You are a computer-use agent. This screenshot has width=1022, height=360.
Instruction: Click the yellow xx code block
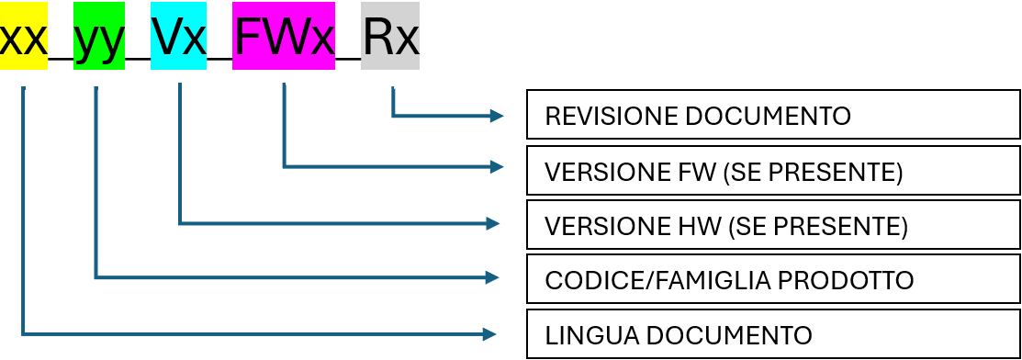pos(24,36)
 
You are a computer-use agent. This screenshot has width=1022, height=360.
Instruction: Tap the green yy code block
pos(99,36)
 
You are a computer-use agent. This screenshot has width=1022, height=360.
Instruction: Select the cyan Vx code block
pos(178,36)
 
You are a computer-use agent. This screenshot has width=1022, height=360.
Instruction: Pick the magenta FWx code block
pos(284,36)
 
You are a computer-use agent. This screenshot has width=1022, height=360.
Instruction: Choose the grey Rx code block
pos(390,36)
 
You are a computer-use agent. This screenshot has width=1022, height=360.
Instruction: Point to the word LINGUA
pos(584,335)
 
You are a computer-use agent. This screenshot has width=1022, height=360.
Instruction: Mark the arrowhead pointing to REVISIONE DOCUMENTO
pos(497,116)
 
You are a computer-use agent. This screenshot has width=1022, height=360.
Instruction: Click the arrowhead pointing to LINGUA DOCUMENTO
pos(490,334)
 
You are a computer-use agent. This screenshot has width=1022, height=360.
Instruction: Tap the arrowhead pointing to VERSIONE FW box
pos(497,167)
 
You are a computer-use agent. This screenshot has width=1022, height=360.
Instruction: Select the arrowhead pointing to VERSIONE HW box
pos(492,224)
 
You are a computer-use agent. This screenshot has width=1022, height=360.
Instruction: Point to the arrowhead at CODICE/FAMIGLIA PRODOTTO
pos(491,278)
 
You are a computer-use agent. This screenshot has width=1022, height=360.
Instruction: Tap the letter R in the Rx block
pos(378,38)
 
